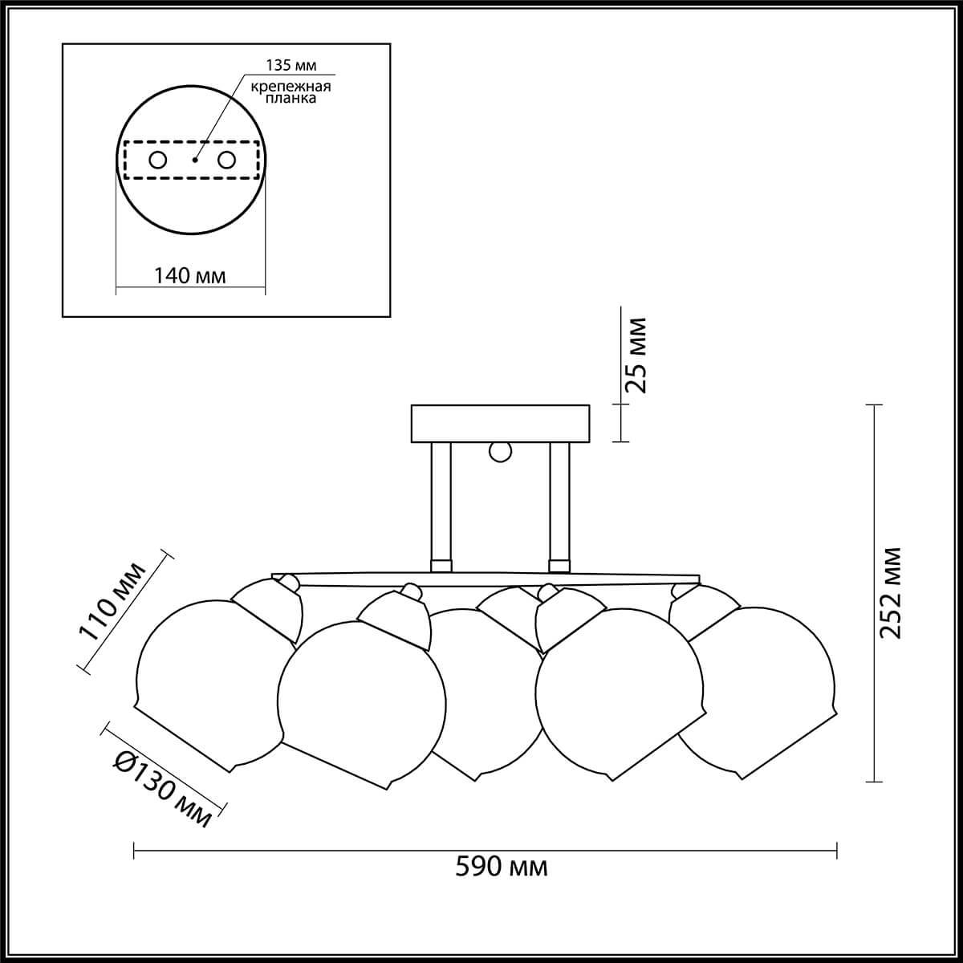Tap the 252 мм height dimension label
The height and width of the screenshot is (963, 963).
pyautogui.click(x=890, y=593)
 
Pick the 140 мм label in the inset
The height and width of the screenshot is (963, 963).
pyautogui.click(x=189, y=275)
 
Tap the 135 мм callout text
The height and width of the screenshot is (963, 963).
pyautogui.click(x=291, y=65)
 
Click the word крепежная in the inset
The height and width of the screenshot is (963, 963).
pyautogui.click(x=291, y=87)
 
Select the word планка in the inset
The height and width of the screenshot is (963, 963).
pyautogui.click(x=291, y=98)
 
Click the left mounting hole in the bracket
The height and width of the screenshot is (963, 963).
pyautogui.click(x=158, y=160)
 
